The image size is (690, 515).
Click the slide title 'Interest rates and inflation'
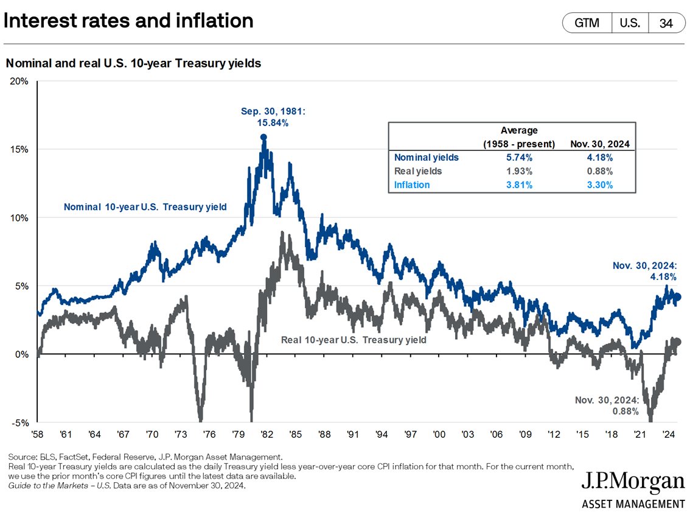[x=128, y=21]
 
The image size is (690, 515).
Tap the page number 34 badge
[x=666, y=24]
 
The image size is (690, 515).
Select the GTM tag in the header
[x=587, y=24]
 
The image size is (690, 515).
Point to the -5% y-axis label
[x=19, y=423]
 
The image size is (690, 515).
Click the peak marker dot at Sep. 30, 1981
[x=263, y=138]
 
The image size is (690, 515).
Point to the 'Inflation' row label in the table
[x=412, y=184]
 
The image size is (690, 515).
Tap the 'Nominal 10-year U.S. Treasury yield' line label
[x=145, y=207]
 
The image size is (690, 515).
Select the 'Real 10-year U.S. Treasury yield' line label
[x=354, y=339]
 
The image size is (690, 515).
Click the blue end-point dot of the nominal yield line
[x=677, y=297]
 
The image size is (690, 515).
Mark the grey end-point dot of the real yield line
[x=677, y=342]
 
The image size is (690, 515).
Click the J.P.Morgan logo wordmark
[x=633, y=482]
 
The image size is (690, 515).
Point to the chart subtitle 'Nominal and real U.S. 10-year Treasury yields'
[x=133, y=63]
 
